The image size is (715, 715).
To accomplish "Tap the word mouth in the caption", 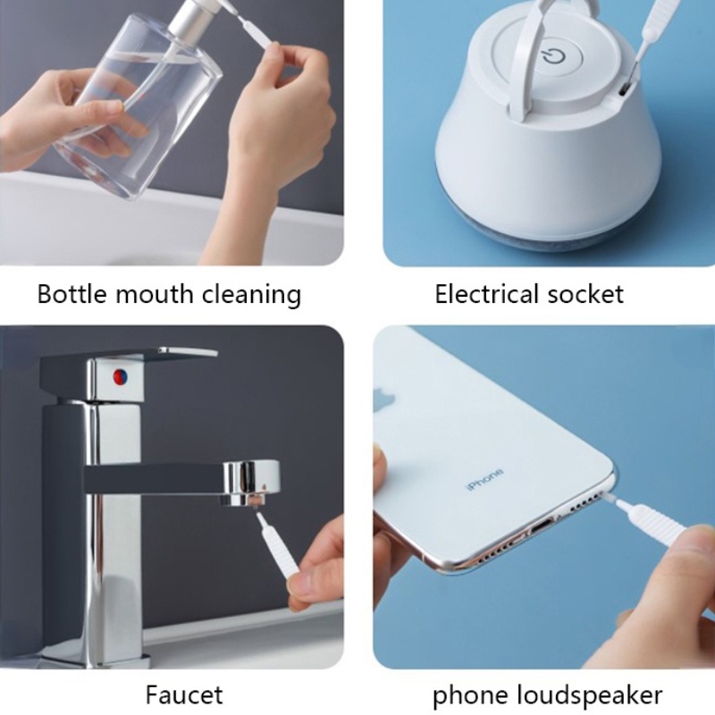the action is tap(155, 294).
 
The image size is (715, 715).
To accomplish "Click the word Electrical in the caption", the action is tap(487, 294).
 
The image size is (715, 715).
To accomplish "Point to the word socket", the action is tap(585, 294).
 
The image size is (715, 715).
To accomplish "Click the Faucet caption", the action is tap(184, 694).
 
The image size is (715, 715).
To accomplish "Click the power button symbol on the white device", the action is tap(554, 58).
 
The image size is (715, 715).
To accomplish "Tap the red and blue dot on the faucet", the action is tap(121, 376).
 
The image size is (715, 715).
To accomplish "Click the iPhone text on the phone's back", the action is tap(484, 480).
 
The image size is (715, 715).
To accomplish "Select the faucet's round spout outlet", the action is tap(250, 484).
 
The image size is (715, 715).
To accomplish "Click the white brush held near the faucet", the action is tap(276, 543).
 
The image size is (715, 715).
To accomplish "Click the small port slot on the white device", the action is tap(624, 88).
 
